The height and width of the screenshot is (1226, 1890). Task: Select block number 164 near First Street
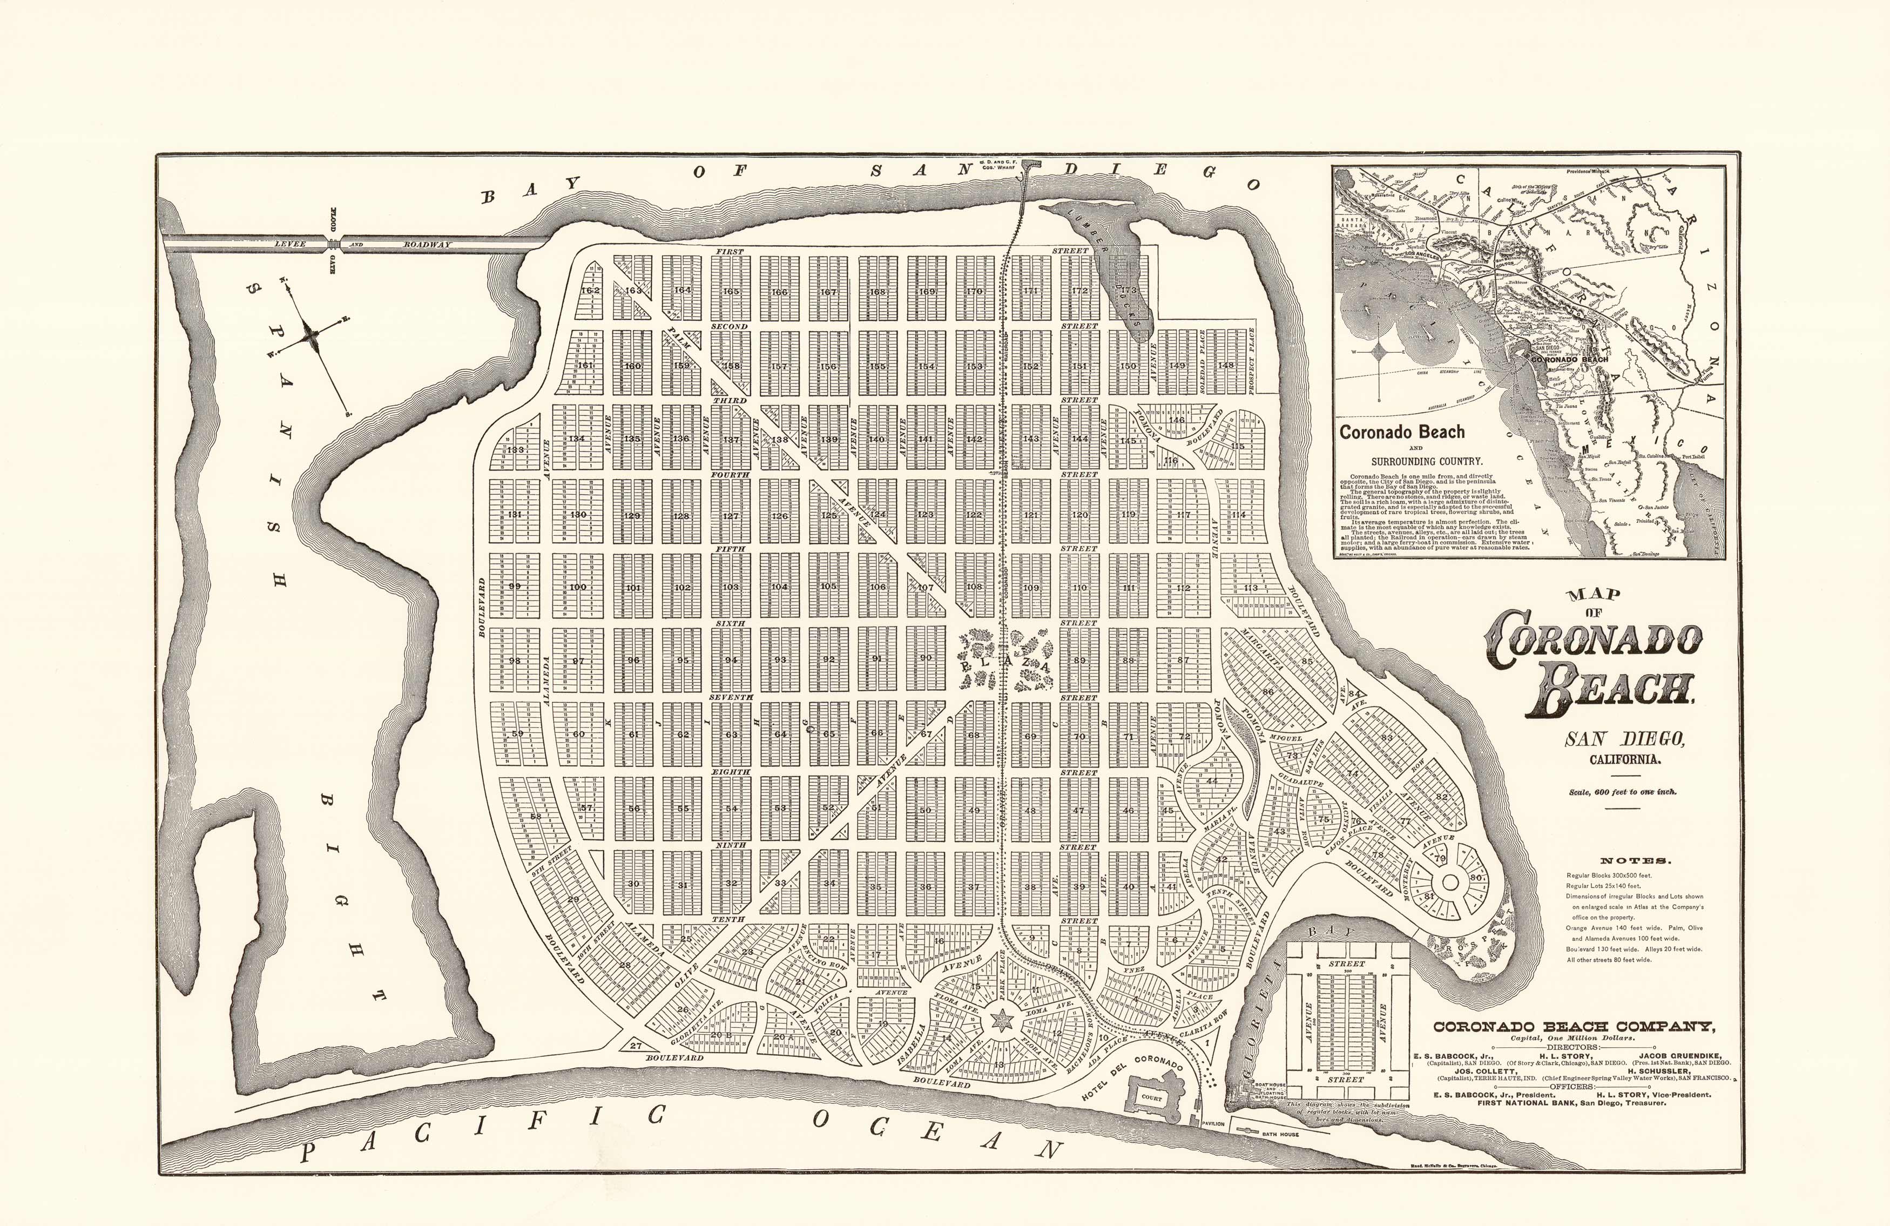[682, 290]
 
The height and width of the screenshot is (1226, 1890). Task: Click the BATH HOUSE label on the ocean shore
[1283, 1134]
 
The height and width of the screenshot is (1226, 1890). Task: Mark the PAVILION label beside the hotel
[1213, 1124]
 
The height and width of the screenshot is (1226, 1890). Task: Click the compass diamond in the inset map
[1382, 352]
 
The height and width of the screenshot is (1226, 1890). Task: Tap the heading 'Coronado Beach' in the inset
[1402, 433]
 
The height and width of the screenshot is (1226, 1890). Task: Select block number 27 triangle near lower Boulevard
[635, 1046]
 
